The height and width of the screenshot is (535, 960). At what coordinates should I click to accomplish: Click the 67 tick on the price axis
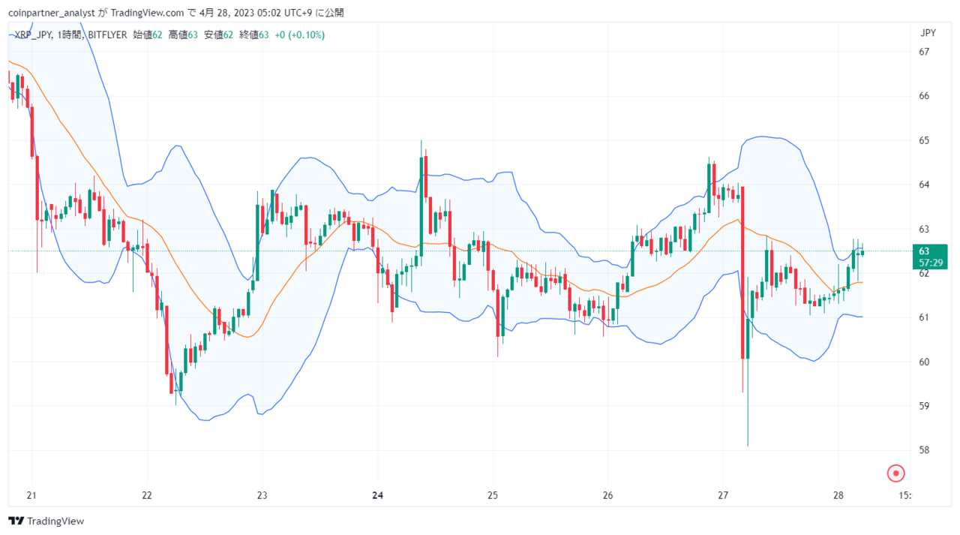[x=923, y=52]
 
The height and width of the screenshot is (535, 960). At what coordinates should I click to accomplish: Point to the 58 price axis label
[x=923, y=450]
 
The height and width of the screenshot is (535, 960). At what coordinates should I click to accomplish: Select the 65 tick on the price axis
[x=923, y=140]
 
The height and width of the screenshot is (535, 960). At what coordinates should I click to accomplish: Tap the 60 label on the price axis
[x=923, y=362]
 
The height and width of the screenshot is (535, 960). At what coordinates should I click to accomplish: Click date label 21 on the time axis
[x=31, y=495]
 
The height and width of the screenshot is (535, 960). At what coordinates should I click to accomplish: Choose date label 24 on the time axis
[x=377, y=495]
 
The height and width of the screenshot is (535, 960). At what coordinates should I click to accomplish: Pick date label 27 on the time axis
[x=723, y=495]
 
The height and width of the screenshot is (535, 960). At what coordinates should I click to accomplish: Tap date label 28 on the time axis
[x=838, y=495]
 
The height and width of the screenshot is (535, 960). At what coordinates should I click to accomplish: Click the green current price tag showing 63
[x=929, y=257]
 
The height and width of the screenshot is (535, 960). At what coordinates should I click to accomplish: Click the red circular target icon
[x=895, y=473]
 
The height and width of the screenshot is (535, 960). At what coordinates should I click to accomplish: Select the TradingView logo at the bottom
[x=46, y=521]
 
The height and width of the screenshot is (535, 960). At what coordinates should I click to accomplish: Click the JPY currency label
[x=928, y=33]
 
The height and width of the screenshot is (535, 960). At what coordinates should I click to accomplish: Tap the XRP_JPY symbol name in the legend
[x=34, y=35]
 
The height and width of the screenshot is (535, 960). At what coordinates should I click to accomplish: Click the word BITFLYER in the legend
[x=107, y=35]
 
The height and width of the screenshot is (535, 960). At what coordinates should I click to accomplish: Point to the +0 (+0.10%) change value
[x=299, y=35]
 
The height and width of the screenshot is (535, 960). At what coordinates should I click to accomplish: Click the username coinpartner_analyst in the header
[x=52, y=13]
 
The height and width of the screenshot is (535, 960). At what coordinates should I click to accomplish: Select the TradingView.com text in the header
[x=147, y=13]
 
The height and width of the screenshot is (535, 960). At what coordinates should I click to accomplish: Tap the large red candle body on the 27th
[x=742, y=272]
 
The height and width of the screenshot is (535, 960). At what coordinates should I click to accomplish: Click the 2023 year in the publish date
[x=244, y=13]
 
